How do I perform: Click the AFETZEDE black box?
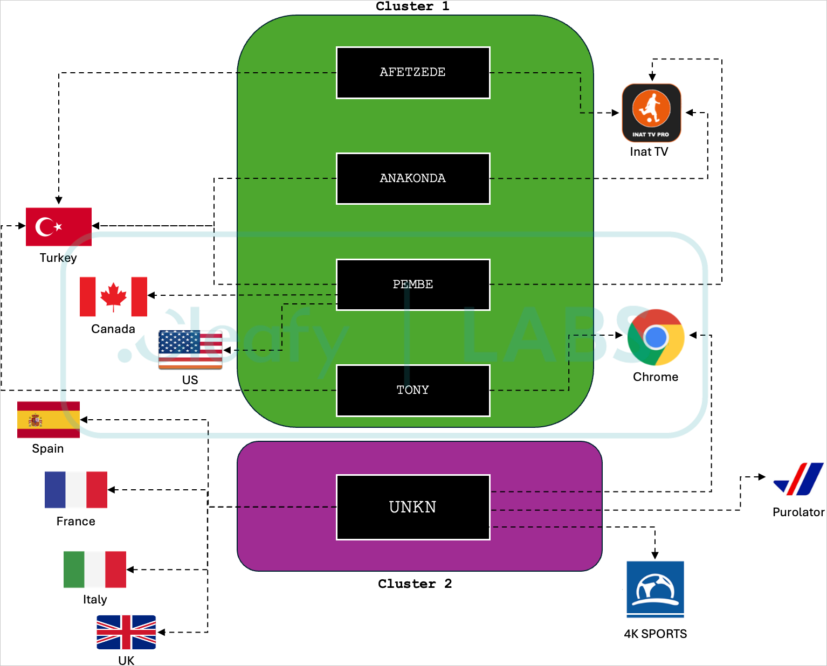(x=413, y=73)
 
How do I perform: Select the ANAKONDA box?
(x=413, y=178)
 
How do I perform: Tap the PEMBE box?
(x=413, y=285)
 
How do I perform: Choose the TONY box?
(x=413, y=390)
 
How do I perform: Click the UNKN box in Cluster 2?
(x=413, y=507)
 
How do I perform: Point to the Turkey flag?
(x=59, y=227)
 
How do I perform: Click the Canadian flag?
(x=113, y=296)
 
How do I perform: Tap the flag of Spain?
(x=49, y=420)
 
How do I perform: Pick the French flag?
(x=76, y=490)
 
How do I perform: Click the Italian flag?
(x=95, y=569)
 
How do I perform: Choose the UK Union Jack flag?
(x=126, y=632)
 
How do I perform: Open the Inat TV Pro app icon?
(x=651, y=113)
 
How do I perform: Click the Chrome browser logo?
(x=656, y=337)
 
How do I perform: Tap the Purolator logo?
(x=798, y=479)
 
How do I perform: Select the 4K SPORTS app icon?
(x=655, y=589)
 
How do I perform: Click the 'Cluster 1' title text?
(x=412, y=6)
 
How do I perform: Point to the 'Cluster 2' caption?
(x=415, y=584)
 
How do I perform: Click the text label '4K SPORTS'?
(x=655, y=634)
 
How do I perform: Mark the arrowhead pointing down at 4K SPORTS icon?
(x=655, y=555)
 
